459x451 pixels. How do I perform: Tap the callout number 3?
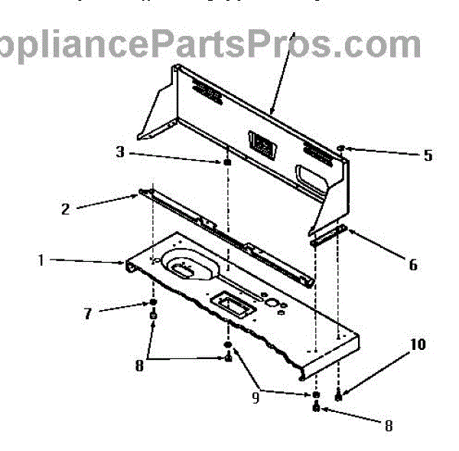pos(119,152)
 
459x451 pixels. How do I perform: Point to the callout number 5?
pos(428,155)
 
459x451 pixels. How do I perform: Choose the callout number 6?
pos(413,265)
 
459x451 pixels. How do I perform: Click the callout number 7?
pos(88,313)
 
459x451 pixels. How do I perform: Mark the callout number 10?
pos(418,345)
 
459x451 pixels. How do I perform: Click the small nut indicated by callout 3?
pos(228,162)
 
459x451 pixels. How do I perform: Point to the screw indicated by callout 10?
pos(338,396)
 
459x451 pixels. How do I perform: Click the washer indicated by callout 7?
pos(153,304)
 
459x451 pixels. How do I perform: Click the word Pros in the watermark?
pos(312,44)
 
